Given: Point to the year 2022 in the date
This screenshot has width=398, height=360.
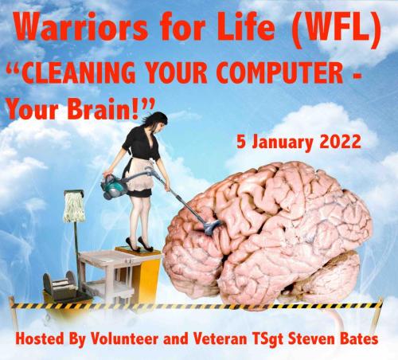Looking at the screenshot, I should coord(335,143).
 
